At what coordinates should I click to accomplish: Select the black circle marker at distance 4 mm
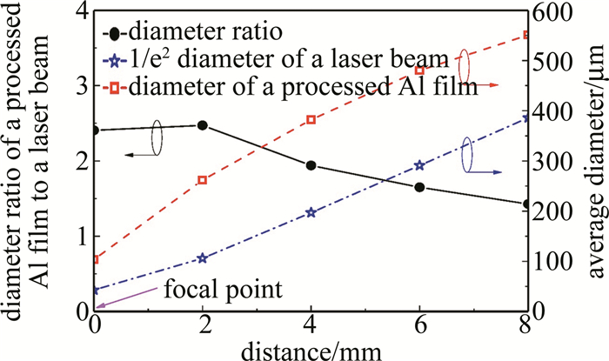coord(311,165)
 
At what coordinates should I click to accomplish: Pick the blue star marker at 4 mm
coord(311,212)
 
